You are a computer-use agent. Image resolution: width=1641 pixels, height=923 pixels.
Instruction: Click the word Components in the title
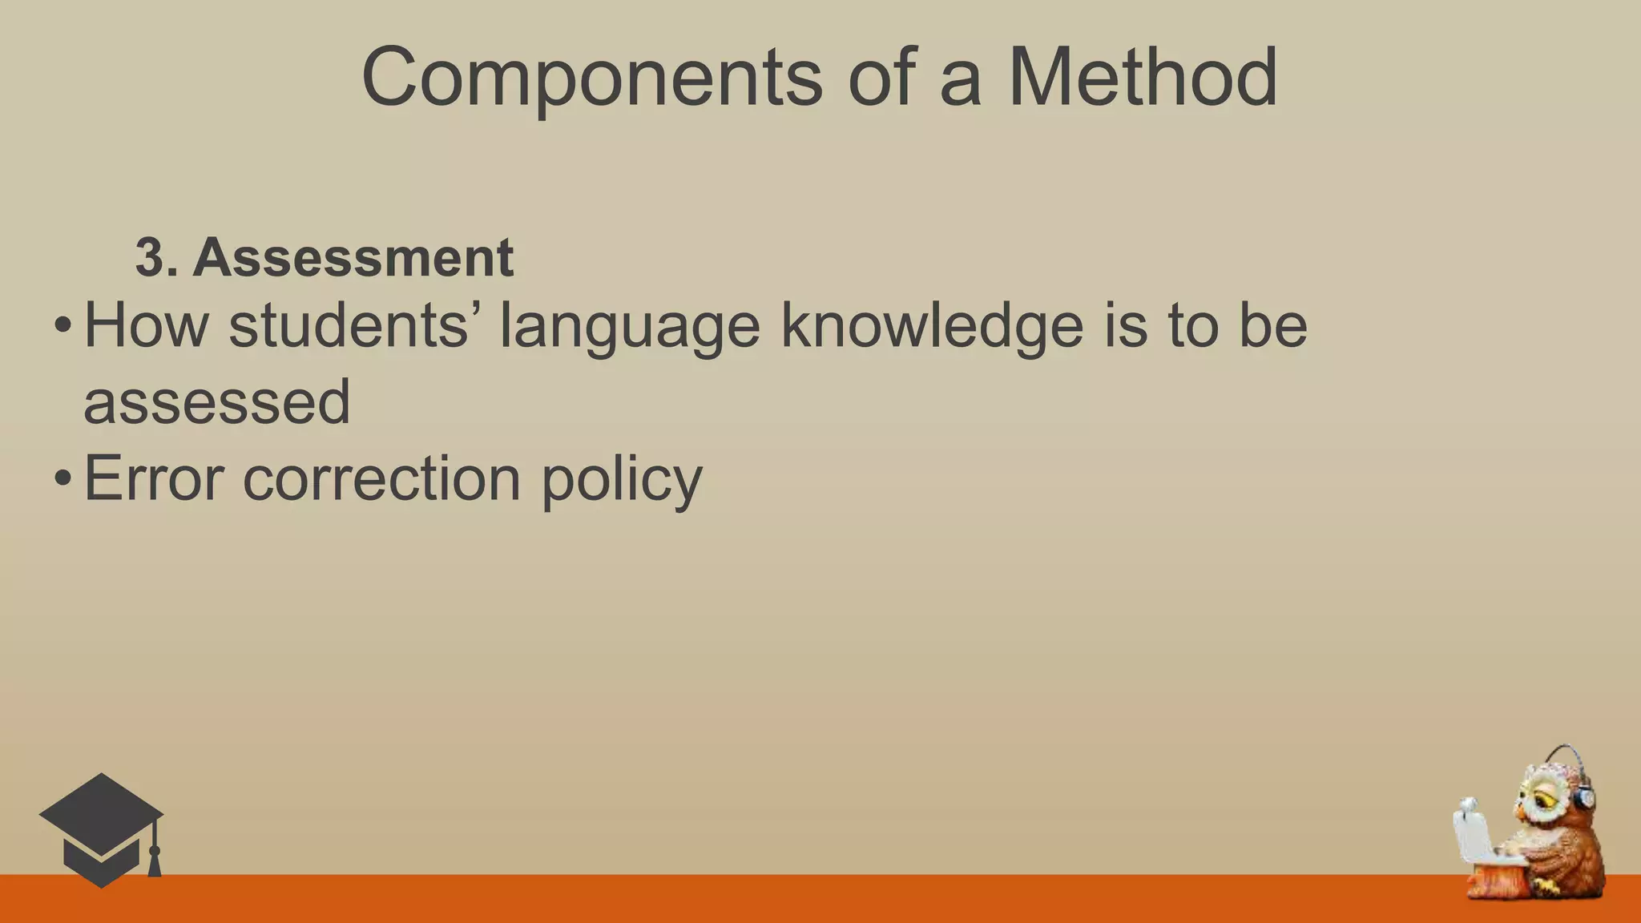(x=591, y=78)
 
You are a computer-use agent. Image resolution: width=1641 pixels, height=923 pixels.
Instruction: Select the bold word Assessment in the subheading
(x=353, y=257)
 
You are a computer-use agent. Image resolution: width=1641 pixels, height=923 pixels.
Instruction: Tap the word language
(x=629, y=327)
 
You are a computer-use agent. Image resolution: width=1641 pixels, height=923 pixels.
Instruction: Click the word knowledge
(x=932, y=327)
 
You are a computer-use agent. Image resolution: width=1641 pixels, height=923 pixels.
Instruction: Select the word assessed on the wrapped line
(x=217, y=401)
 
